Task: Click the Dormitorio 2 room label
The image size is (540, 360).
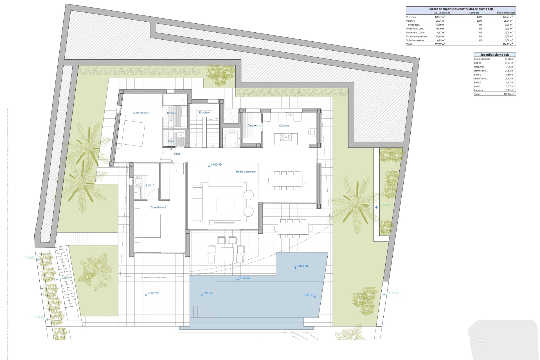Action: tap(141, 113)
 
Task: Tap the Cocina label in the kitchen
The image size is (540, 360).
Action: tap(284, 125)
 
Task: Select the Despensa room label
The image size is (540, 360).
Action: tap(254, 125)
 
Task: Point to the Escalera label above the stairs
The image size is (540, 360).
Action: tap(204, 112)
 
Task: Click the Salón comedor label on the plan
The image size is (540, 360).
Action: tap(246, 172)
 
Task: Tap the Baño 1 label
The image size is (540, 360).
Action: tap(150, 185)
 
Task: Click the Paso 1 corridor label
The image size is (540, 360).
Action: tap(178, 154)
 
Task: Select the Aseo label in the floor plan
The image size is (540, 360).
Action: tap(170, 141)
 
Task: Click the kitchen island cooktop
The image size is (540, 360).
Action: tap(286, 137)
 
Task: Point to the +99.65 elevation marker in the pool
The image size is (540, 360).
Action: tap(208, 293)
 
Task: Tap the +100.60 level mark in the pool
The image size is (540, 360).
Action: tap(302, 266)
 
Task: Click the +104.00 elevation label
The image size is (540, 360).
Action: tap(30, 258)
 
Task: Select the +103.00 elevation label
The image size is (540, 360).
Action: tap(39, 318)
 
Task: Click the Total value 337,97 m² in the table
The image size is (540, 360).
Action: tap(440, 44)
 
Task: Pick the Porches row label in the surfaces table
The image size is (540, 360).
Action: tap(410, 21)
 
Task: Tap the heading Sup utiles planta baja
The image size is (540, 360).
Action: tap(494, 55)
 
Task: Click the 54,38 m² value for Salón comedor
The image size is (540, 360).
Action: tap(509, 59)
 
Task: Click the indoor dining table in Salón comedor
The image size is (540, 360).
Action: tap(287, 180)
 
